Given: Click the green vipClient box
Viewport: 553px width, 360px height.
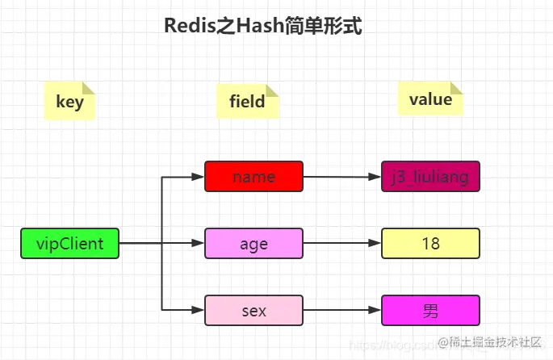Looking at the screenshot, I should click(69, 244).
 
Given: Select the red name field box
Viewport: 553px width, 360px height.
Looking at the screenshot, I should click(253, 176).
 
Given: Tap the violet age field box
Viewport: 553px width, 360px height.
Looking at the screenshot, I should click(253, 243).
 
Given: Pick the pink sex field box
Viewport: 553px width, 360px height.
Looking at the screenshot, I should click(253, 310).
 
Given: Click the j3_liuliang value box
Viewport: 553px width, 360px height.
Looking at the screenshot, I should click(430, 176).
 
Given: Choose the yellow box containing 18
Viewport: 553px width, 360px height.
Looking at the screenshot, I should click(430, 243).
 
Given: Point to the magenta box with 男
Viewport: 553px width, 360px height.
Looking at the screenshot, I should click(430, 310).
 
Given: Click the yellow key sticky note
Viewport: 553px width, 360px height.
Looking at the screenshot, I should click(69, 103).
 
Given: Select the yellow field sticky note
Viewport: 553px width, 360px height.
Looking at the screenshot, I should click(247, 102).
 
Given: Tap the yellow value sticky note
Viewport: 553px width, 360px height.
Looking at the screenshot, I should click(430, 100).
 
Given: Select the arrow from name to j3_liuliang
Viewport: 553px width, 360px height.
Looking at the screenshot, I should click(341, 176).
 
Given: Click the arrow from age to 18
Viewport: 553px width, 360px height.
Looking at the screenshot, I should click(341, 243).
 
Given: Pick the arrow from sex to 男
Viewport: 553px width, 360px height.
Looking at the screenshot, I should click(341, 310).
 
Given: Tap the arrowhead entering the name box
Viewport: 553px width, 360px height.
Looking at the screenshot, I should click(199, 176).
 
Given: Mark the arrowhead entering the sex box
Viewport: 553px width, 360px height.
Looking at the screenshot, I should click(199, 310).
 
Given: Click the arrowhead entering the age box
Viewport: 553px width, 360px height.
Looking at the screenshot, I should click(199, 243).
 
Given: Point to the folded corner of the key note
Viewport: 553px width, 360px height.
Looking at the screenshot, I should click(89, 89).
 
